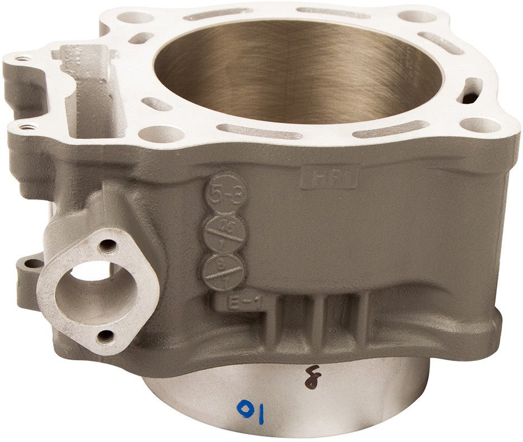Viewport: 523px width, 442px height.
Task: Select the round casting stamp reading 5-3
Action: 217,194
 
